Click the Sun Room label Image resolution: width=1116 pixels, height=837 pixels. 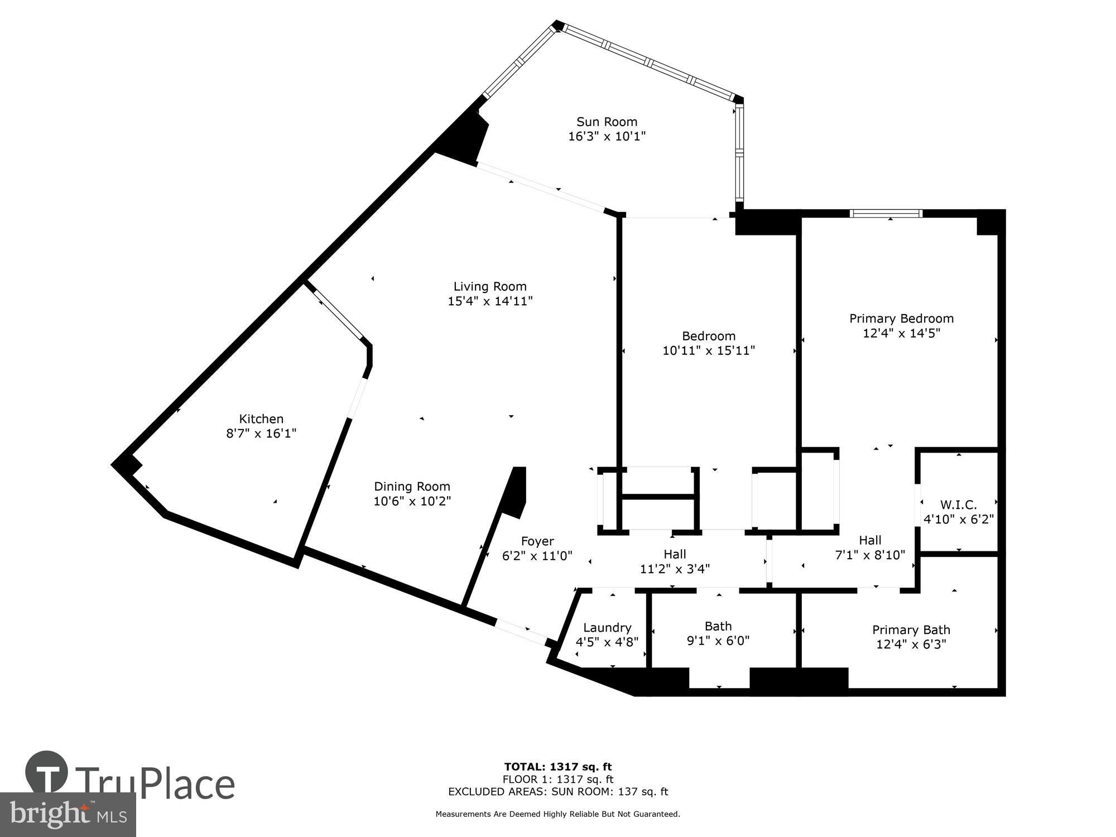click(607, 122)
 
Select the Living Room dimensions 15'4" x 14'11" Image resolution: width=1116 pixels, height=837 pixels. click(490, 301)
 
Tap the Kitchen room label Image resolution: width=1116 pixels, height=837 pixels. click(261, 419)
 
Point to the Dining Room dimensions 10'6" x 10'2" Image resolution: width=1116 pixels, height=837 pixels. click(412, 501)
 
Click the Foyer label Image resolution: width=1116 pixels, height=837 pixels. click(537, 541)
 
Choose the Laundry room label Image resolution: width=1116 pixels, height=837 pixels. click(607, 628)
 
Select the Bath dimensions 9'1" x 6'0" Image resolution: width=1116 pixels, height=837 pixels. click(718, 641)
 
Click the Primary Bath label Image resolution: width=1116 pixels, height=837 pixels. click(911, 629)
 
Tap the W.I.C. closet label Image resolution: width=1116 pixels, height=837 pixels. click(958, 505)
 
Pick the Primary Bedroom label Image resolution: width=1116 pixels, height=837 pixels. click(901, 318)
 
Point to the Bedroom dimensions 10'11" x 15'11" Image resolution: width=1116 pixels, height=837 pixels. click(709, 350)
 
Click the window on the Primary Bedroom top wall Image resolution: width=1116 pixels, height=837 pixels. click(886, 213)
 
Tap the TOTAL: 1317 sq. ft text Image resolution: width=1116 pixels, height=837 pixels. click(558, 767)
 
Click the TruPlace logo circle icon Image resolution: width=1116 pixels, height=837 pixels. click(47, 772)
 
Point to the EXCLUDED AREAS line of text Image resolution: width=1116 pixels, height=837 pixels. click(558, 791)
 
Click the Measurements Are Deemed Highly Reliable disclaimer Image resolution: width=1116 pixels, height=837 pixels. click(558, 814)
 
